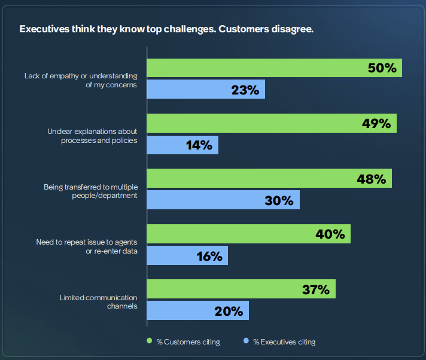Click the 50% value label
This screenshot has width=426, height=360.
tap(382, 68)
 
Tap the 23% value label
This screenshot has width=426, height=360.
tap(245, 90)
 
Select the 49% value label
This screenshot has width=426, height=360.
tap(376, 124)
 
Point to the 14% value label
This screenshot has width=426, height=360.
tap(198, 145)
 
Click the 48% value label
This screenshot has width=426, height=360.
tap(372, 179)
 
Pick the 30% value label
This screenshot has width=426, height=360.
tap(279, 200)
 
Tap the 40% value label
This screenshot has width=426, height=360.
tap(330, 234)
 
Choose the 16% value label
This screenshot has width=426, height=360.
tap(208, 256)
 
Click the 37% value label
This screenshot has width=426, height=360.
tap(315, 289)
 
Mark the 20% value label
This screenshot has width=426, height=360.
tap(229, 311)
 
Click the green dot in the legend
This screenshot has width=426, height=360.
tap(150, 341)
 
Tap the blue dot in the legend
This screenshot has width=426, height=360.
tap(245, 341)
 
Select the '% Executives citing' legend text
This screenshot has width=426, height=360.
tap(284, 342)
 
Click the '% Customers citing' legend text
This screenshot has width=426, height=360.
tap(188, 342)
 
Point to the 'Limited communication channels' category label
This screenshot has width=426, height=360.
tap(99, 301)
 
